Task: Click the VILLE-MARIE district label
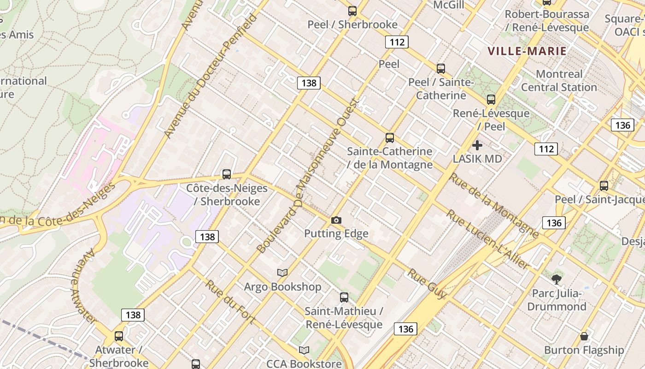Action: tap(527, 51)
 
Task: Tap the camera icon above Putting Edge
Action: tap(336, 220)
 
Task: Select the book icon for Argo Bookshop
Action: tap(282, 273)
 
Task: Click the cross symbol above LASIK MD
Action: tap(477, 145)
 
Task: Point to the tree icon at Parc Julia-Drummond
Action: tap(557, 279)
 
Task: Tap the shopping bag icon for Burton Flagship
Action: tap(584, 336)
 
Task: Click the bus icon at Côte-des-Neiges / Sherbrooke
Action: tap(226, 174)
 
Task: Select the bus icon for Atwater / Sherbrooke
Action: tap(119, 336)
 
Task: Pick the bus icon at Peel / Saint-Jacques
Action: tap(604, 186)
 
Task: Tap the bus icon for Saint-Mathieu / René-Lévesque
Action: tap(344, 298)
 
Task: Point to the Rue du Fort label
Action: tap(230, 301)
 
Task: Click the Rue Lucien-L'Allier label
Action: tap(487, 239)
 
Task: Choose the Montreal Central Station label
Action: tap(559, 81)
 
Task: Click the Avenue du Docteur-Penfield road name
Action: tap(211, 76)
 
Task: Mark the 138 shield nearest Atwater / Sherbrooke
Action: tap(133, 315)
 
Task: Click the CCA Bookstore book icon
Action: tap(304, 350)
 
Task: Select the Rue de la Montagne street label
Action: tap(493, 206)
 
